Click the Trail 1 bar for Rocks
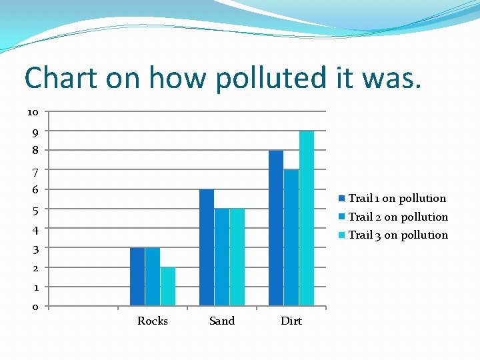coord(137,277)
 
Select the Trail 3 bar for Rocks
coord(168,287)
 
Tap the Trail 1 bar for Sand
coord(207,248)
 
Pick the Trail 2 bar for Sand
coord(222,257)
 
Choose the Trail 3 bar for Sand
coord(237,257)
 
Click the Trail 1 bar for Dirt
coord(276,228)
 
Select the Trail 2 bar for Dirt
coord(291,238)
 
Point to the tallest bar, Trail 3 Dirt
coord(307,219)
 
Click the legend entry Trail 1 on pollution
coord(397,198)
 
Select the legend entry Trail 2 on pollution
coord(398,217)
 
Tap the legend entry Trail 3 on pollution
coord(398,235)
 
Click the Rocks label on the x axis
coord(153,321)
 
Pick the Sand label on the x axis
coord(222,321)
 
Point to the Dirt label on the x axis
coord(291,321)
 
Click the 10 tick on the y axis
coord(33,111)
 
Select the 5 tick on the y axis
coord(35,209)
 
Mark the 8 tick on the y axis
coord(35,151)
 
